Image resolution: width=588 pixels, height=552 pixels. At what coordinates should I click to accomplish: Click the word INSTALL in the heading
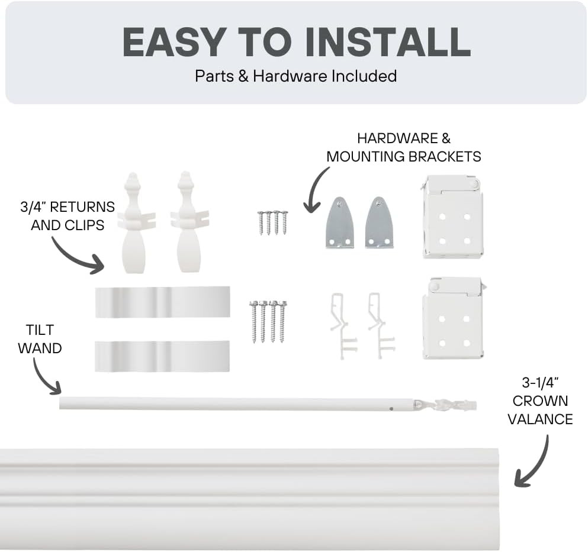point(388,42)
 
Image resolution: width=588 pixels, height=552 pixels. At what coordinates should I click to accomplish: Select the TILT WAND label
point(40,339)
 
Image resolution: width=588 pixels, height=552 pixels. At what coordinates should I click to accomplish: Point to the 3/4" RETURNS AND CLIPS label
point(68,216)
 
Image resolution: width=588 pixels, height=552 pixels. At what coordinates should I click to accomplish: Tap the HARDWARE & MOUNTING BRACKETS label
point(403,147)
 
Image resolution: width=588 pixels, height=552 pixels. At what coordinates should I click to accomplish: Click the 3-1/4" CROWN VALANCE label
point(540,401)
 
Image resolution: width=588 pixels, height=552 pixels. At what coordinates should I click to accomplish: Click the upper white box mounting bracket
point(452,217)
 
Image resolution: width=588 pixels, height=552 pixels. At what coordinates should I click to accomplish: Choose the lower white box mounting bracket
point(454,318)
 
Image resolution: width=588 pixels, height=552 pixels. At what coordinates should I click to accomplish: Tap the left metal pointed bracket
point(339,223)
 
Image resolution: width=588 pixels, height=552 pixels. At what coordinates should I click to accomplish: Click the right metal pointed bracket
point(379,223)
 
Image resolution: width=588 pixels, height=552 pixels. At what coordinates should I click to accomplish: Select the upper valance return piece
point(162,302)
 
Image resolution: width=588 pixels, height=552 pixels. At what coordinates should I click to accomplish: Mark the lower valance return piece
point(162,356)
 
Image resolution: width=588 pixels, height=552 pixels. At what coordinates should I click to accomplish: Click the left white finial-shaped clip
point(134,223)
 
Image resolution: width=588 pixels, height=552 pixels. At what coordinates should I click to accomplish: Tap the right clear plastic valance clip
point(381,326)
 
